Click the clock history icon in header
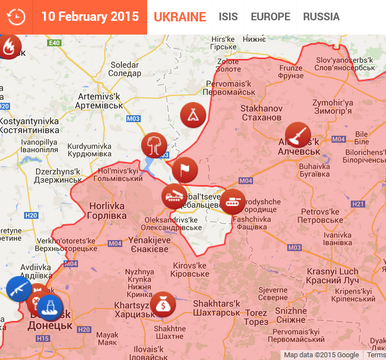pyautogui.click(x=16, y=17)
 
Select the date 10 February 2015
pyautogui.click(x=90, y=16)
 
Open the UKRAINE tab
pyautogui.click(x=180, y=17)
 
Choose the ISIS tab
pyautogui.click(x=228, y=17)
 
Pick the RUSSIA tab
pyautogui.click(x=321, y=17)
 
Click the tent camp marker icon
pyautogui.click(x=193, y=115)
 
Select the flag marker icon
pyautogui.click(x=184, y=170)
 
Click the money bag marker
pyautogui.click(x=163, y=304)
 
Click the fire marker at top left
pyautogui.click(x=9, y=48)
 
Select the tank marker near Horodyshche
pyautogui.click(x=232, y=202)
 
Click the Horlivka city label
pyautogui.click(x=107, y=211)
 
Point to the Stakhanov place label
pyautogui.click(x=261, y=113)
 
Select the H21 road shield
pyautogui.click(x=358, y=204)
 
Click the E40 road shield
pyautogui.click(x=54, y=43)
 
